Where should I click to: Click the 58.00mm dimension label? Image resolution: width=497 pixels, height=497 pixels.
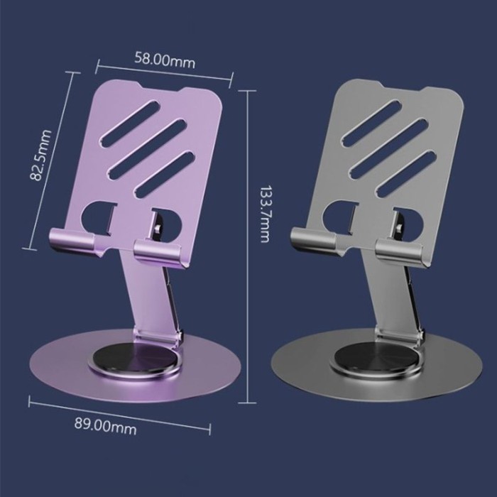coord(165,60)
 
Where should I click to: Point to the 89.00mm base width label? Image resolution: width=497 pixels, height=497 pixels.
coord(106,427)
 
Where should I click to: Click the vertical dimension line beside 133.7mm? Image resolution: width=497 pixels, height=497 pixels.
coord(248,284)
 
